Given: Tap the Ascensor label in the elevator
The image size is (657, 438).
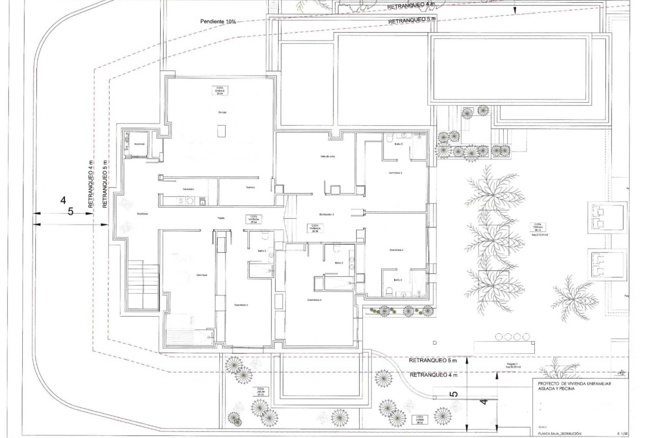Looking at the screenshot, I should pyautogui.click(x=139, y=144).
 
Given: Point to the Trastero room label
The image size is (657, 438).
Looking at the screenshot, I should pyautogui.click(x=250, y=188).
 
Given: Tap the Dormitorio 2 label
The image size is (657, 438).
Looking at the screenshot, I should pyautogui.click(x=241, y=305).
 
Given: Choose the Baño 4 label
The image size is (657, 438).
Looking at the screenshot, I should pyautogui.click(x=398, y=280).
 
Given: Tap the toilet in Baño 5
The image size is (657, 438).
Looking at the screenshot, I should pyautogui.click(x=389, y=138).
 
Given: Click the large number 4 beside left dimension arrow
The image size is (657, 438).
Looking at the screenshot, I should pyautogui.click(x=63, y=200).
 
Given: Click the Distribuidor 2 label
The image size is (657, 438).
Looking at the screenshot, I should pyautogui.click(x=326, y=214).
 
